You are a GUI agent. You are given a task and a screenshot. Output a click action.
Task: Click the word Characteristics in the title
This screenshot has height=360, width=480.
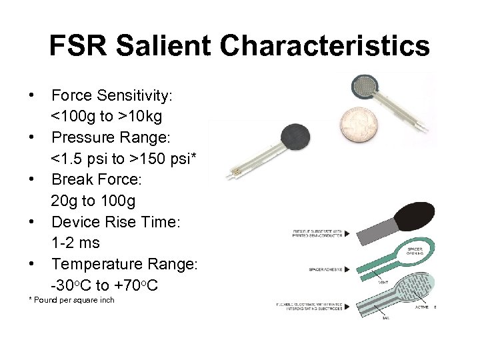(x=325, y=47)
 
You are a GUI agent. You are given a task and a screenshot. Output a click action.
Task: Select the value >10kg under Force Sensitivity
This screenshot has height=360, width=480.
(x=140, y=117)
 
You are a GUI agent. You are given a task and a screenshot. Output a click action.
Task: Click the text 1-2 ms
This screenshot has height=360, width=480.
(x=75, y=243)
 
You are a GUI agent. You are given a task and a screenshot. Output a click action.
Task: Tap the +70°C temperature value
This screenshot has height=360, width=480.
(x=145, y=285)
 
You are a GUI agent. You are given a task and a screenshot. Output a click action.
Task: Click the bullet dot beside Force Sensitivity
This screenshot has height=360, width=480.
(x=31, y=95)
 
